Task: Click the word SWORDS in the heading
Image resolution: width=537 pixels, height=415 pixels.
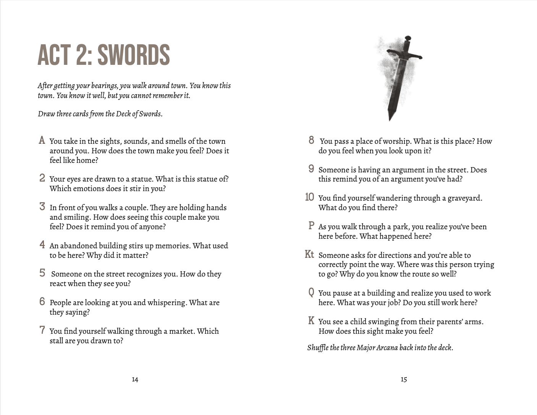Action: pos(134,55)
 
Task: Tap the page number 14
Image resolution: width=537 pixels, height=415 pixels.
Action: pos(135,380)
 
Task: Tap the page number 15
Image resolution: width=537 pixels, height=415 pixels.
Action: pos(404,380)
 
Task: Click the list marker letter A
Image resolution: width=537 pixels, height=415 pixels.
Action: pos(42,140)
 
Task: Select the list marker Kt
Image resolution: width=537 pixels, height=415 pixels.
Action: pos(309,254)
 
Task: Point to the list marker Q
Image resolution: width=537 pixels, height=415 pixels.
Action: pos(311,293)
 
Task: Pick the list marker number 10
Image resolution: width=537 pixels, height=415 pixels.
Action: pos(309,197)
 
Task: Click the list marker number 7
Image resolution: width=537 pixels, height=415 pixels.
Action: pos(42,330)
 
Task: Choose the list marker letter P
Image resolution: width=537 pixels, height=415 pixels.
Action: pos(311,226)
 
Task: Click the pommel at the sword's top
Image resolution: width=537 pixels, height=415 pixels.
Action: pos(408,39)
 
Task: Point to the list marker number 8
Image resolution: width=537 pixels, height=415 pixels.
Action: pos(311,140)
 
